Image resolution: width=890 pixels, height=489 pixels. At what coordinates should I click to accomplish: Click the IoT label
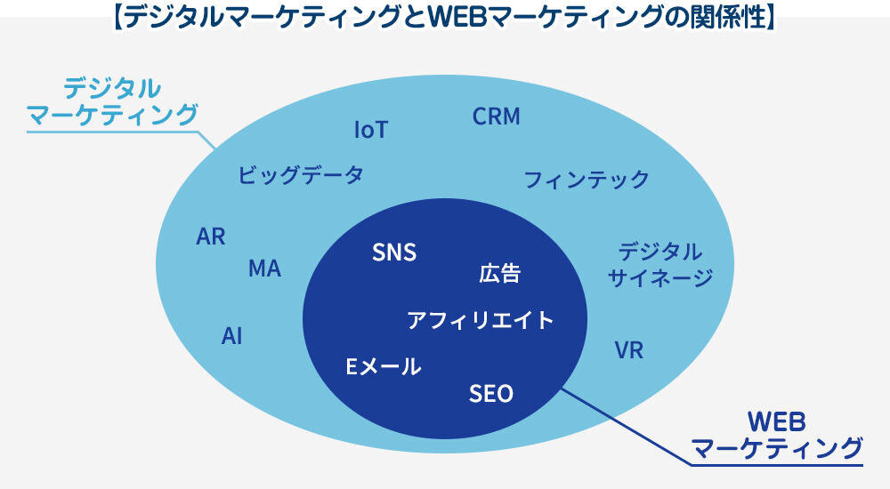371,130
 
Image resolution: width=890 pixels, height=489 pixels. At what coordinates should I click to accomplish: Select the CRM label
496,116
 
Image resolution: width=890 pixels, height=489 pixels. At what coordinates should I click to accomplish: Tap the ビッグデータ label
301,174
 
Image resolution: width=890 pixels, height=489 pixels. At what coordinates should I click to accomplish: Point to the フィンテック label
587,180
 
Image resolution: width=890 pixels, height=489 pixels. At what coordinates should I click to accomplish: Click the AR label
211,237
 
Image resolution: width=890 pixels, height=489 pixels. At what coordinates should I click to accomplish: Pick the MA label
264,269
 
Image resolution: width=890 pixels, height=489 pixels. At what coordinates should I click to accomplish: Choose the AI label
231,336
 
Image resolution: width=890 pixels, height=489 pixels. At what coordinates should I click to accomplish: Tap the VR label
628,350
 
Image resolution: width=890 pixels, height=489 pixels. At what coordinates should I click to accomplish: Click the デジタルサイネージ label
660,265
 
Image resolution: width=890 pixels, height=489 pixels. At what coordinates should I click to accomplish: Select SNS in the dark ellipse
394,253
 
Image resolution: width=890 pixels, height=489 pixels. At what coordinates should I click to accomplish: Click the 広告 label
499,274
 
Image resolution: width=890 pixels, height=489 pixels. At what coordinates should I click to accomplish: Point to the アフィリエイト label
481,320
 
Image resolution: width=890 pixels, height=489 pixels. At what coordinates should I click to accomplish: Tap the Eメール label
383,365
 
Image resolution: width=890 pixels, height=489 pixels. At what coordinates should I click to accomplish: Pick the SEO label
491,393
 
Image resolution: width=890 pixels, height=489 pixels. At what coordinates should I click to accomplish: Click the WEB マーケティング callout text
777,434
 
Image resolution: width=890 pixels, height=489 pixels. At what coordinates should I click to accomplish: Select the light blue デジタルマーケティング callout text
111,102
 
